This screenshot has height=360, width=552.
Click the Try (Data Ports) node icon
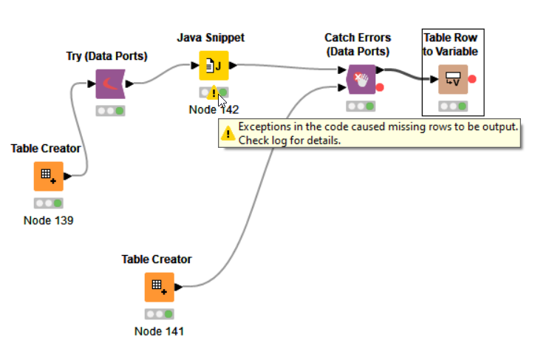click(110, 84)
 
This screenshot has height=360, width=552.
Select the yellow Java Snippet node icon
click(214, 66)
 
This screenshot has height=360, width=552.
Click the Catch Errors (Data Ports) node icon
click(361, 78)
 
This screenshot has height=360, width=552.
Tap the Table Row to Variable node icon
click(452, 79)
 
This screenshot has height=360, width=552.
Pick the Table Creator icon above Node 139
click(48, 177)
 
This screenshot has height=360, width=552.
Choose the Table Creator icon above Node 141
click(159, 287)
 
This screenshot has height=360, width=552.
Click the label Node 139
click(48, 220)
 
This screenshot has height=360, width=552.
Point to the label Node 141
click(159, 331)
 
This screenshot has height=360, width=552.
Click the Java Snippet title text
click(211, 37)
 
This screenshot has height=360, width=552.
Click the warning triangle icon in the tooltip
click(229, 133)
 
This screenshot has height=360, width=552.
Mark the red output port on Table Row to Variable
click(472, 79)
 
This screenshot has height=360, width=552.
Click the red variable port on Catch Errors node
click(380, 88)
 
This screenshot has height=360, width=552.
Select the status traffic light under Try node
click(110, 111)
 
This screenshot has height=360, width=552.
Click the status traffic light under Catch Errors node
click(361, 106)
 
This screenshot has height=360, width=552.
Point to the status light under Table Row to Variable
click(452, 106)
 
